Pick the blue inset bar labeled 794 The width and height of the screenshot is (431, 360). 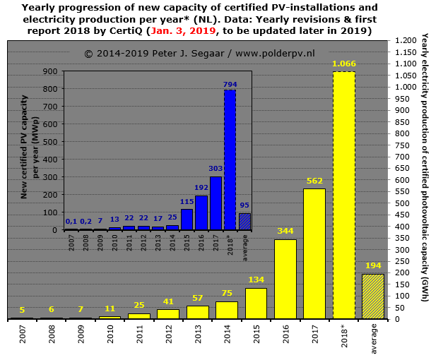tap(230, 160)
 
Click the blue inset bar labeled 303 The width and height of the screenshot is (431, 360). tap(215, 203)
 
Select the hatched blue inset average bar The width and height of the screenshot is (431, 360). tap(244, 222)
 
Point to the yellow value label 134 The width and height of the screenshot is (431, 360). tap(256, 280)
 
